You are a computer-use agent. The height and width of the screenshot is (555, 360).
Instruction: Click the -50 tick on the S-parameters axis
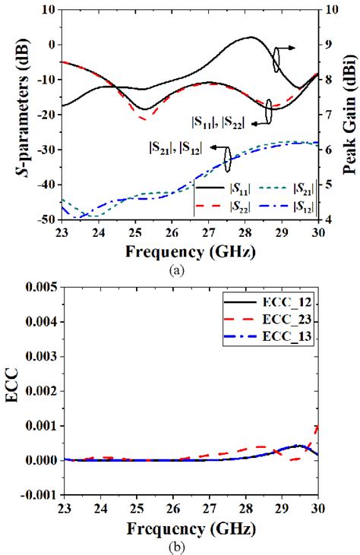point(45,219)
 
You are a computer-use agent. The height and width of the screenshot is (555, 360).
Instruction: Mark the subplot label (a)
point(181,266)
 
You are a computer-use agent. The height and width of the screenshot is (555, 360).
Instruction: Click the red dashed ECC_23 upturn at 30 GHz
point(315,430)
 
